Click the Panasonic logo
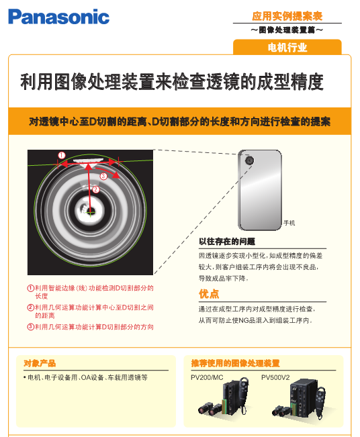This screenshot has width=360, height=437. point(59,17)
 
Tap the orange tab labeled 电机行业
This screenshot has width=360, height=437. point(287,47)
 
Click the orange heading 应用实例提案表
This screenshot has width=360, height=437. point(287,16)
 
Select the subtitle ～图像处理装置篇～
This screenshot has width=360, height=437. point(287,30)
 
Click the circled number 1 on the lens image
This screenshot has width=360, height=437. point(62,155)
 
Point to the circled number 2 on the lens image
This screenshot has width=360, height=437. point(96,189)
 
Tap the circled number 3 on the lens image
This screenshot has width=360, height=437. point(103,176)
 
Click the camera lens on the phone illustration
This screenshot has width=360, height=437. point(249,160)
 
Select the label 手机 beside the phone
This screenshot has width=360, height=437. point(289,223)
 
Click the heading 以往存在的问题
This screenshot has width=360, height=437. point(227,242)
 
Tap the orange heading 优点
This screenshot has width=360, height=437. point(209,294)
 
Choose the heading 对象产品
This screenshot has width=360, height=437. point(40,363)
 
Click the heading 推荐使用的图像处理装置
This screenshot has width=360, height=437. point(235,363)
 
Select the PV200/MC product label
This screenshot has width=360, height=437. point(207,377)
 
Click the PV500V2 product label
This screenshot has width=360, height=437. point(275,377)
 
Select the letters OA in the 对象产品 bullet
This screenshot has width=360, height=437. point(85,378)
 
